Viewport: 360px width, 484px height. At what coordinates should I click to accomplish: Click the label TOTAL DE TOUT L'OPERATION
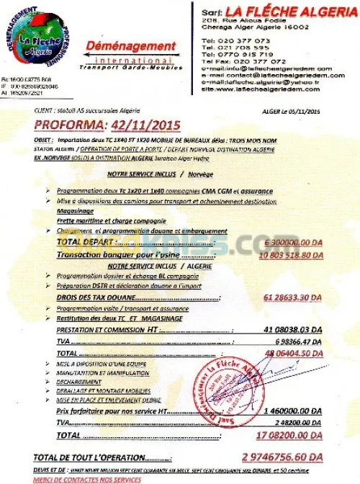pos(91,458)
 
